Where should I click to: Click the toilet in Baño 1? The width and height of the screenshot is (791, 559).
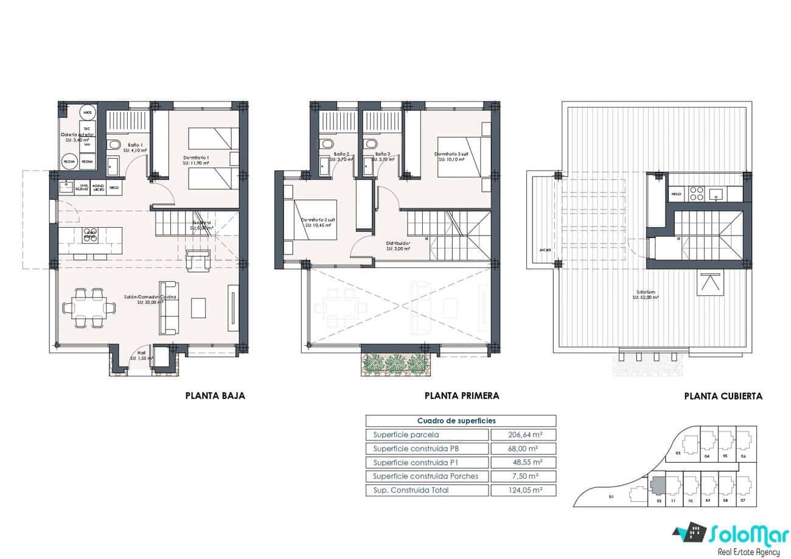tap(113, 144)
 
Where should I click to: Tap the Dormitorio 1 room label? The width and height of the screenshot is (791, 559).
tap(197, 158)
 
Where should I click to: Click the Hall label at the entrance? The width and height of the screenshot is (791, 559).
tap(141, 353)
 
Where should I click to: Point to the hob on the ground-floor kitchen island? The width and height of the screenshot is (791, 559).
tap(90, 236)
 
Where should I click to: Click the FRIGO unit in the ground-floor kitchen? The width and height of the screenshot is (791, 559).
tap(114, 188)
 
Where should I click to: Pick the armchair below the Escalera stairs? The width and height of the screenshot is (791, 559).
tap(199, 261)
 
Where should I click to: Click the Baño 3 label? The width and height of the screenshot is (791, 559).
tap(383, 155)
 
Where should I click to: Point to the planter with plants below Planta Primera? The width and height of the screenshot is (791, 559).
tap(399, 362)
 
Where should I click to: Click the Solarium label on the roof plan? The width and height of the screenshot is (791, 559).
tap(646, 292)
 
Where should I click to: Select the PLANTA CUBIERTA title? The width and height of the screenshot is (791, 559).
tap(723, 396)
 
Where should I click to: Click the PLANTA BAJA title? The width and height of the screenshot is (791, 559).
tap(215, 396)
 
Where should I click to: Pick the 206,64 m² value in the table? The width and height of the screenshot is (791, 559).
tap(524, 435)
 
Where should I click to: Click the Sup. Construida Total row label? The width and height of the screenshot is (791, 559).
tap(411, 490)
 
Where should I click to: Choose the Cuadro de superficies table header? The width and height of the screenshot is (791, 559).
tap(456, 421)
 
